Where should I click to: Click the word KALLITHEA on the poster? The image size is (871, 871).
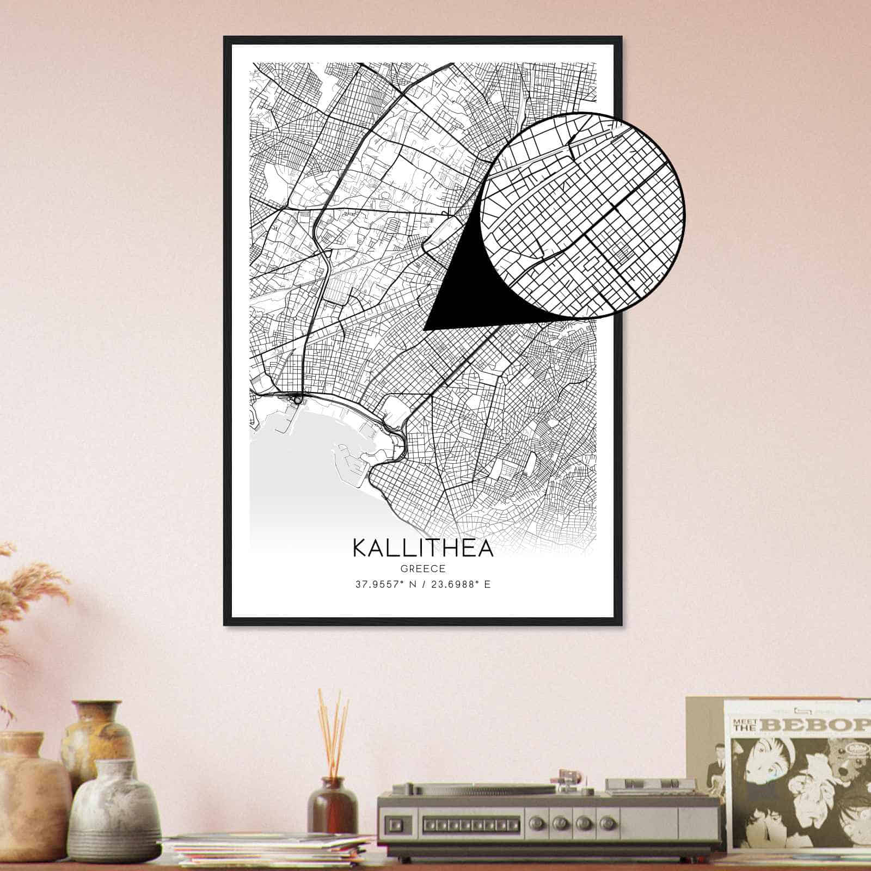pyautogui.click(x=423, y=548)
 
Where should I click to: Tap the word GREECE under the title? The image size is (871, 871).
pyautogui.click(x=423, y=569)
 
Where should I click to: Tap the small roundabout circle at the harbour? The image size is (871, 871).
pyautogui.click(x=297, y=400)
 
